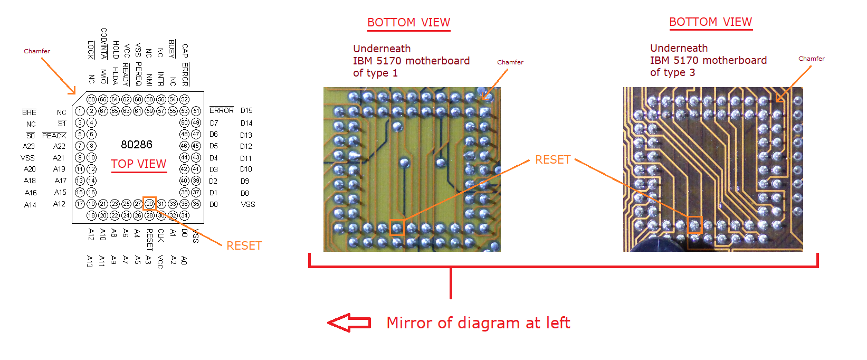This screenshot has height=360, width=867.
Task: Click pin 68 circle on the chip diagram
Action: point(91,99)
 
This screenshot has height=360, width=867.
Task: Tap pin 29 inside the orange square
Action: point(149,204)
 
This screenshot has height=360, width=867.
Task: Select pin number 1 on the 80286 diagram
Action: point(80,111)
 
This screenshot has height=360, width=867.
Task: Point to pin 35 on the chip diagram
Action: point(196,204)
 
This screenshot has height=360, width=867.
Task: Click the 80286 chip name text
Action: point(137,145)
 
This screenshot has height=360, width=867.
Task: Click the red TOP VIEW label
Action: point(138,164)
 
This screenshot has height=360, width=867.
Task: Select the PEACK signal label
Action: point(54,136)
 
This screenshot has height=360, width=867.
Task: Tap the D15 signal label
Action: point(246,111)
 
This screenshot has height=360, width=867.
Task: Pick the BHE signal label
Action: point(30,112)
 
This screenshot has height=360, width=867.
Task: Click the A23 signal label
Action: point(28,146)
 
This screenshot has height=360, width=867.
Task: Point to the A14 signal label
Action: point(30,205)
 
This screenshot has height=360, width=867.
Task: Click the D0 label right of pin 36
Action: point(213,204)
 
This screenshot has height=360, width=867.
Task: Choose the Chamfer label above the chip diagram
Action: point(37,51)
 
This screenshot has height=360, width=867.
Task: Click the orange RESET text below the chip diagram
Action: point(244,245)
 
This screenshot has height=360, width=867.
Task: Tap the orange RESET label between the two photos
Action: point(552,160)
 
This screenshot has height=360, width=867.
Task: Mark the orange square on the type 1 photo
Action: point(397,228)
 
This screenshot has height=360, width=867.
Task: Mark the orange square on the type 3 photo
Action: point(694,225)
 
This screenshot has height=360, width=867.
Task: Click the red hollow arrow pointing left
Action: point(349,323)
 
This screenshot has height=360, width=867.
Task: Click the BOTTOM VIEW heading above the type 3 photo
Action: point(710,22)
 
